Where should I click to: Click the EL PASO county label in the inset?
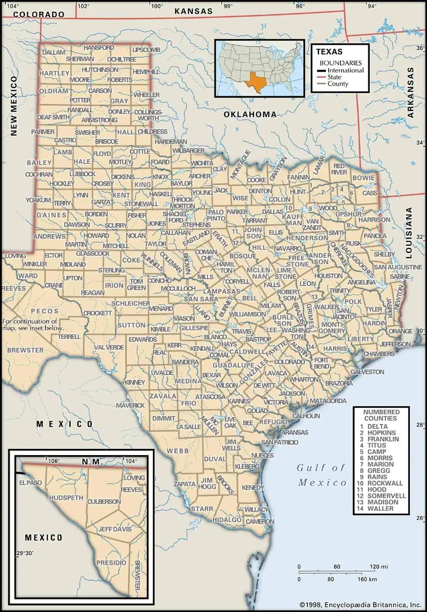point(31,483)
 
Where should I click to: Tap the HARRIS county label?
point(335,348)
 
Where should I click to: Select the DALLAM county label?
point(54,52)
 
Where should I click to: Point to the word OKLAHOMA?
point(250,114)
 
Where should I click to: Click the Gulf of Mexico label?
point(321,475)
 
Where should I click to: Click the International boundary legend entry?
point(345,70)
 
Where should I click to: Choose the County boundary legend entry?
point(337,84)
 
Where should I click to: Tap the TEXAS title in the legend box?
point(329,52)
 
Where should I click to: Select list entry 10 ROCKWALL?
point(380,483)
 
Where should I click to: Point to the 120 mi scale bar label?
point(378,567)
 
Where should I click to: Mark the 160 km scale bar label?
point(367,579)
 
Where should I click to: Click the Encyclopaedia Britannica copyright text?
point(360,605)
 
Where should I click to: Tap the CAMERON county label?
point(260,521)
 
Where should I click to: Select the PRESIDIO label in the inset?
point(111,563)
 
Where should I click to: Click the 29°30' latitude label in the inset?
point(25,553)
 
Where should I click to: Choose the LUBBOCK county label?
point(82,174)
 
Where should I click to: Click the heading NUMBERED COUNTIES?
point(381,415)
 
